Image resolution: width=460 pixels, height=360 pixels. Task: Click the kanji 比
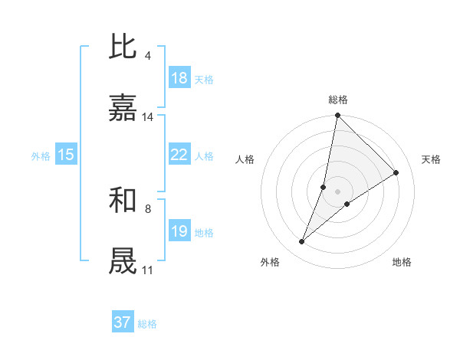(123, 47)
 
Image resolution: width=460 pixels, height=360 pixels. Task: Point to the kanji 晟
(123, 261)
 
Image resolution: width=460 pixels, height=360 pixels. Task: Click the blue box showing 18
(179, 78)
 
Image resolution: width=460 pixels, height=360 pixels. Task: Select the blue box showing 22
(179, 155)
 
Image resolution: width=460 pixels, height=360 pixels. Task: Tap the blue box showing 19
(179, 231)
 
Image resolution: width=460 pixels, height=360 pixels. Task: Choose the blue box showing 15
(66, 155)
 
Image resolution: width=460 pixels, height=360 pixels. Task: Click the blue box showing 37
(123, 322)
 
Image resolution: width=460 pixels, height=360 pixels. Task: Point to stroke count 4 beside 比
(147, 56)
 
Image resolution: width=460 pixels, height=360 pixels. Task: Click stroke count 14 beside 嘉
(148, 117)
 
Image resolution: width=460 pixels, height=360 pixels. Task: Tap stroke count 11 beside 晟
(148, 270)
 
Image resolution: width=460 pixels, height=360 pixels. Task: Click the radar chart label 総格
(338, 100)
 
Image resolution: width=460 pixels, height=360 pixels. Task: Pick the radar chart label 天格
(431, 159)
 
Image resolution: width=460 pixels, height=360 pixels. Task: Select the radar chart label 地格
(402, 262)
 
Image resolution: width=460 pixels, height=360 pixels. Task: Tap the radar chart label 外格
(270, 262)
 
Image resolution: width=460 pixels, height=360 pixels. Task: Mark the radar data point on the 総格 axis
(337, 116)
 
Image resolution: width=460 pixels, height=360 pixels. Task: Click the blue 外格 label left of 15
(41, 156)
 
